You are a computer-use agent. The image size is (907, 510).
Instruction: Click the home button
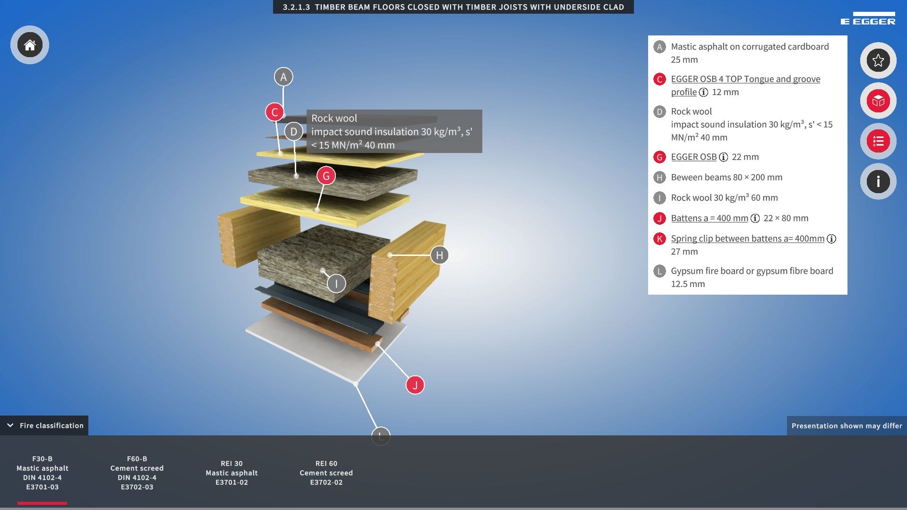tap(30, 45)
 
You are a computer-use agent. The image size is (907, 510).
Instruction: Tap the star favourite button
tap(878, 60)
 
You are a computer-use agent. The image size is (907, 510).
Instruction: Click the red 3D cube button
tap(878, 101)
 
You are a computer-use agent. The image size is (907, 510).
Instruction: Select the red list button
tap(878, 141)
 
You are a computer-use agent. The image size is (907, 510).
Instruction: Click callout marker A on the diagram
tap(283, 76)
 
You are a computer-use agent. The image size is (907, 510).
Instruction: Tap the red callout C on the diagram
tap(275, 112)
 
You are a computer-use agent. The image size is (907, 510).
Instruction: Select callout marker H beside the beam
tap(439, 255)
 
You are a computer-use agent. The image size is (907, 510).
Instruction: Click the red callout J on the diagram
tap(415, 385)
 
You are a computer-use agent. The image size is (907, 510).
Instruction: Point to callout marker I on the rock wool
tap(336, 283)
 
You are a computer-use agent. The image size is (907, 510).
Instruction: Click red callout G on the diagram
tap(326, 176)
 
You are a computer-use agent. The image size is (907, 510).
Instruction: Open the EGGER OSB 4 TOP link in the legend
tap(745, 85)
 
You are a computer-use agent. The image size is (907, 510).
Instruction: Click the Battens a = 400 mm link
tap(710, 218)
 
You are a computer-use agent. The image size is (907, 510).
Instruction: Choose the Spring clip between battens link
tap(748, 238)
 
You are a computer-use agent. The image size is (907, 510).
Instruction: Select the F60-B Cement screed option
tap(137, 473)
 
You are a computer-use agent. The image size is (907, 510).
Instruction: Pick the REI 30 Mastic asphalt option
tap(231, 473)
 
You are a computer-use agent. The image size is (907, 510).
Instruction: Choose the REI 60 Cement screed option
tap(326, 473)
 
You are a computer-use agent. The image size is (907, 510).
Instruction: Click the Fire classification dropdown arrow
tap(10, 425)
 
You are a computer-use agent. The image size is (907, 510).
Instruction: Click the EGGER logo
tap(868, 18)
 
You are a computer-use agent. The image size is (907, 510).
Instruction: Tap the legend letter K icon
tap(659, 239)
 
